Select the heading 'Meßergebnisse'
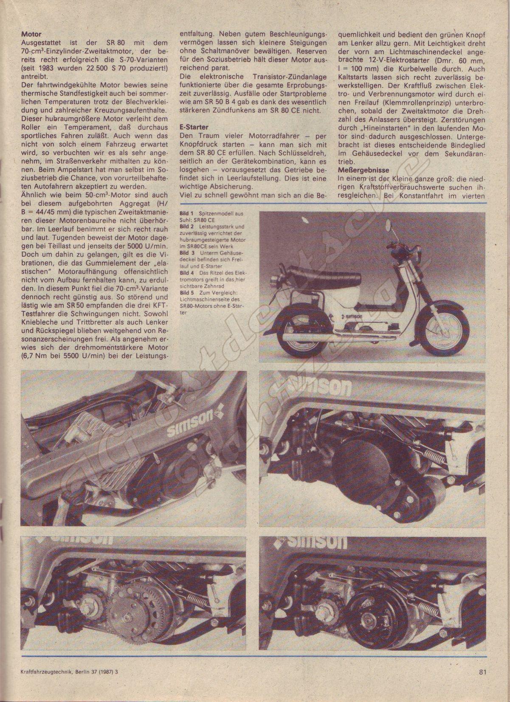pyautogui.click(x=361, y=170)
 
